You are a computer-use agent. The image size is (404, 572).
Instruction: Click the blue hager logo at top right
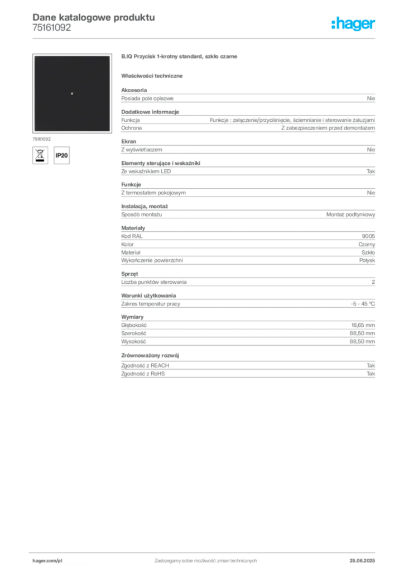354,25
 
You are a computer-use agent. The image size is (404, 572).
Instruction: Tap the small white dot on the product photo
72,93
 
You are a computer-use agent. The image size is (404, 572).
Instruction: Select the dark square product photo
71,94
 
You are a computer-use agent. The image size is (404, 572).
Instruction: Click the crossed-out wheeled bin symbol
40,154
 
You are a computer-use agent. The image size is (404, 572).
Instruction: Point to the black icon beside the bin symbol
63,155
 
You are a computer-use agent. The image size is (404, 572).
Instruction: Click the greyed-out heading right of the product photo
181,58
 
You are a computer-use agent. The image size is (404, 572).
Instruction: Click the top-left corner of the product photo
34,56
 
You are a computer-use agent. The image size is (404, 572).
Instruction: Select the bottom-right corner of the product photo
109,131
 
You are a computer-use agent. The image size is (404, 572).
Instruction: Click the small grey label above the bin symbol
42,137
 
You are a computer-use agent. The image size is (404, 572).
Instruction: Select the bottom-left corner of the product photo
34,131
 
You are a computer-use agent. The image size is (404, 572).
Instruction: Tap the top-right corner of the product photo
109,56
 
